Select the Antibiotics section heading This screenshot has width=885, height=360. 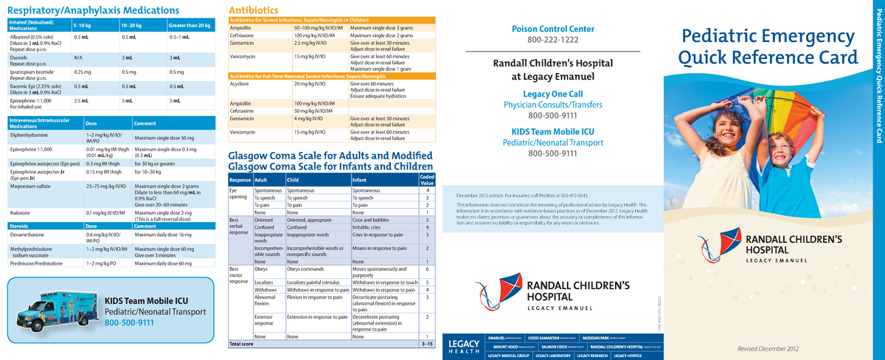[x=253, y=10]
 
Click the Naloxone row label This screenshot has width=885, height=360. [x=22, y=212]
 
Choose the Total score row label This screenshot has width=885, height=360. [x=242, y=344]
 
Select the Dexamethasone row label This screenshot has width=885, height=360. [x=30, y=234]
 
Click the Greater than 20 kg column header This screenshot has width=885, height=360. [x=190, y=26]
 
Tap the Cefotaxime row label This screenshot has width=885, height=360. [x=245, y=110]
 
